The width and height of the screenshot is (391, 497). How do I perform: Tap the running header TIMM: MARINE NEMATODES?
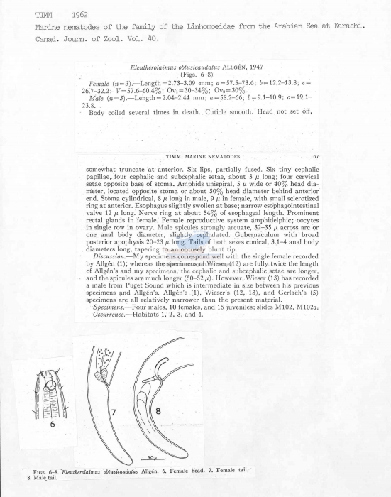tap(203, 155)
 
